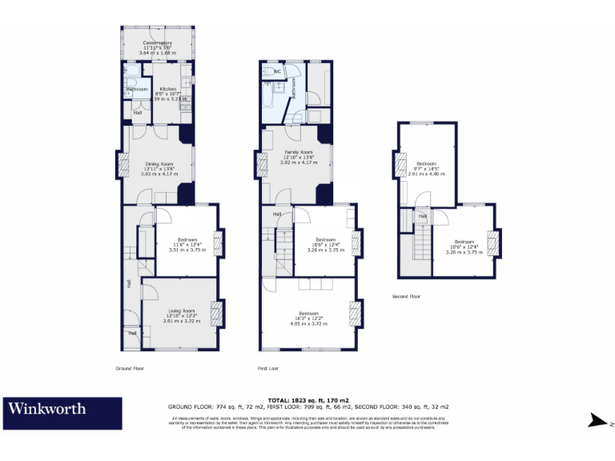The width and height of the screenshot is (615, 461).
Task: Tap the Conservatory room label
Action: pyautogui.click(x=158, y=42)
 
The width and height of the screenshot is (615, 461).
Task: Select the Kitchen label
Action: pyautogui.click(x=168, y=89)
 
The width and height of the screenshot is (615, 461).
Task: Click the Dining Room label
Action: pyautogui.click(x=157, y=164)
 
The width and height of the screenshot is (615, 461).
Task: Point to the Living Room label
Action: pyautogui.click(x=181, y=311)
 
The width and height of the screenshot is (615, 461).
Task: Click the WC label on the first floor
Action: pyautogui.click(x=275, y=71)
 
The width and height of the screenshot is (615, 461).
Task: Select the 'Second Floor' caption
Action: pyautogui.click(x=406, y=296)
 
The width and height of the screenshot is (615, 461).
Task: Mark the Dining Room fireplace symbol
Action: pyautogui.click(x=123, y=166)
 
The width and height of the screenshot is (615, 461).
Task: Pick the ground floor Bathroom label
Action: pyautogui.click(x=136, y=89)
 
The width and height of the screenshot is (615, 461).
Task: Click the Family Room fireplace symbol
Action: pyautogui.click(x=261, y=166)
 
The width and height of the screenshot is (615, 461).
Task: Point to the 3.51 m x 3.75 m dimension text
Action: pyautogui.click(x=187, y=250)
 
